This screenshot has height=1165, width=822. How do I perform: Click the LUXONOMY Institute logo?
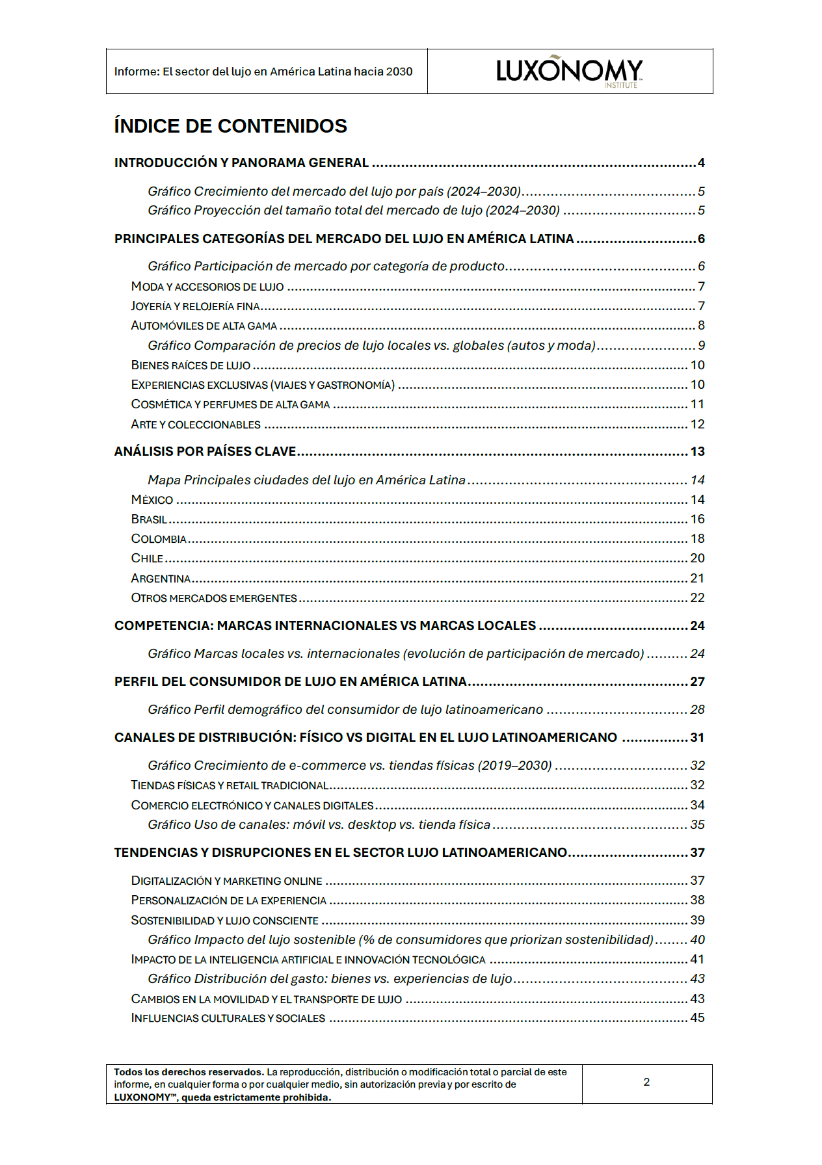point(569,71)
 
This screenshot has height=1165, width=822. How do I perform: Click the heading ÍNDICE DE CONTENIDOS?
point(230,125)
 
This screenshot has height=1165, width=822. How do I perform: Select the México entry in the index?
point(152,499)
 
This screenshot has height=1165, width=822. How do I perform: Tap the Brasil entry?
point(149,519)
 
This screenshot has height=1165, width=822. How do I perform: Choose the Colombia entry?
point(159,538)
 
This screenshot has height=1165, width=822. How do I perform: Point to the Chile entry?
point(147,558)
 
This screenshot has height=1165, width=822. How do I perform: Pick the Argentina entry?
point(161,578)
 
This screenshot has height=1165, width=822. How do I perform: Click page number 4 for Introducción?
point(701,163)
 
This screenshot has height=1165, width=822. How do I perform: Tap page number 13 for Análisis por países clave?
point(697,451)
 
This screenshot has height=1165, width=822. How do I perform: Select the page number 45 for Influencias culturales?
point(697,1017)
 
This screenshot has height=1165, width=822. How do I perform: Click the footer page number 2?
point(646,1082)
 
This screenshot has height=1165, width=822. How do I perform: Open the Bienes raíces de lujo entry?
point(191,365)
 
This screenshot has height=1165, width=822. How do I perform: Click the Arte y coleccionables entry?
point(196,424)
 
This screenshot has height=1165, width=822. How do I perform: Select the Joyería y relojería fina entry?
point(195,306)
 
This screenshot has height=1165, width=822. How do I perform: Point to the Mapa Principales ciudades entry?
point(306,480)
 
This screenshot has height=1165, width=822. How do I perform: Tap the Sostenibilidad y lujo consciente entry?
point(224,920)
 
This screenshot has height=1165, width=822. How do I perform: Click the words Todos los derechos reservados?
point(189,1072)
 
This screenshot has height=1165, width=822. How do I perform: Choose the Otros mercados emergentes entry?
point(214,597)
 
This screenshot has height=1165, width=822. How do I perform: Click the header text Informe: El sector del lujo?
point(263,72)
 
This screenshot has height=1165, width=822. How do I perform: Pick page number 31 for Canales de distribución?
point(697,737)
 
